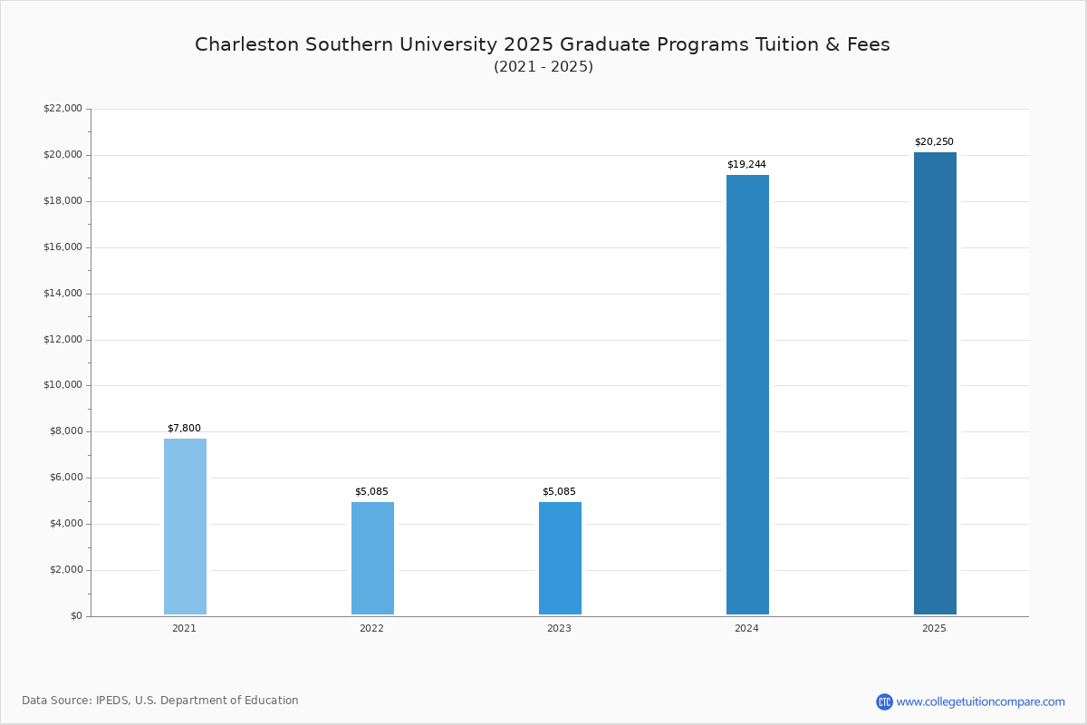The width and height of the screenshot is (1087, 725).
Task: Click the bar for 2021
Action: pos(185,527)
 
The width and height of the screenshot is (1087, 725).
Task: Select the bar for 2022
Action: pos(372,558)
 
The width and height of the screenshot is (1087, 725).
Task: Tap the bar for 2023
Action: pos(560,558)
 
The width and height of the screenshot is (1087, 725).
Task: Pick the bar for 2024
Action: pos(747,395)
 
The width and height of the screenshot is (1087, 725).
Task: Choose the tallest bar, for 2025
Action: pos(935,383)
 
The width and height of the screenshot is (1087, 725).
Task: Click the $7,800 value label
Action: pos(184,429)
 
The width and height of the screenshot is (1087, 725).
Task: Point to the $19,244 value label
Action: pos(746,165)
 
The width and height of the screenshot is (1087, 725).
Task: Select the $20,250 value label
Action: pos(934,142)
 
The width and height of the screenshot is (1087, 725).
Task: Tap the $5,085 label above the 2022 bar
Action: pos(371,492)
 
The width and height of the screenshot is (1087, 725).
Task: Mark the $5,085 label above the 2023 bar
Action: pos(559,492)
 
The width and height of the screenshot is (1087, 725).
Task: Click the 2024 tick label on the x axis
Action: pos(746,628)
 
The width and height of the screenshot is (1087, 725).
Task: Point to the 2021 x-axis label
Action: pos(184,628)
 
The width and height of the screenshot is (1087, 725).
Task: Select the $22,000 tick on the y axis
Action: pos(63,109)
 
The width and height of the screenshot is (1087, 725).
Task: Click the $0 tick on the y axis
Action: pos(75,616)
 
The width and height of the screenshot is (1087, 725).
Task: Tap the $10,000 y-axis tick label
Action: pos(63,385)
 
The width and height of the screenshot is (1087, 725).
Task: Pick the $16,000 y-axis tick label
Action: pos(63,247)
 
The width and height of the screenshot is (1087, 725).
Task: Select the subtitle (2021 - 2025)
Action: pos(543,67)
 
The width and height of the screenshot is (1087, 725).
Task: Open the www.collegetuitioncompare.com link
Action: pos(980,701)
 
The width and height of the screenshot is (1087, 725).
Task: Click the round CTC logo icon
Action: pos(884,701)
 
